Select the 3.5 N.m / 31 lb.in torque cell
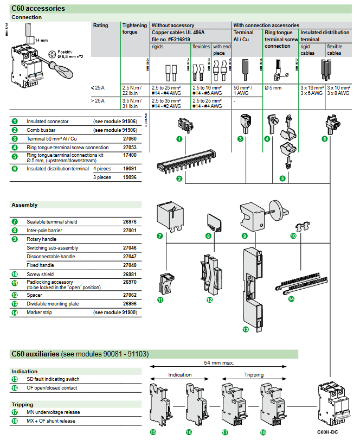(x=133, y=103)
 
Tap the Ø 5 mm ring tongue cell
(x=274, y=87)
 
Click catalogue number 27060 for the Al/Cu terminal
(x=130, y=139)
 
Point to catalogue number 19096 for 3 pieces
(x=130, y=177)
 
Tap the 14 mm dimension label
(x=41, y=40)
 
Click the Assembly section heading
(x=24, y=205)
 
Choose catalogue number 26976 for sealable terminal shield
(x=130, y=221)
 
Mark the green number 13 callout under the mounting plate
(x=245, y=329)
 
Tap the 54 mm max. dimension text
(x=220, y=362)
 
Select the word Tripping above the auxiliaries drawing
(x=254, y=375)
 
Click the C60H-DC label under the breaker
(x=327, y=431)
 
